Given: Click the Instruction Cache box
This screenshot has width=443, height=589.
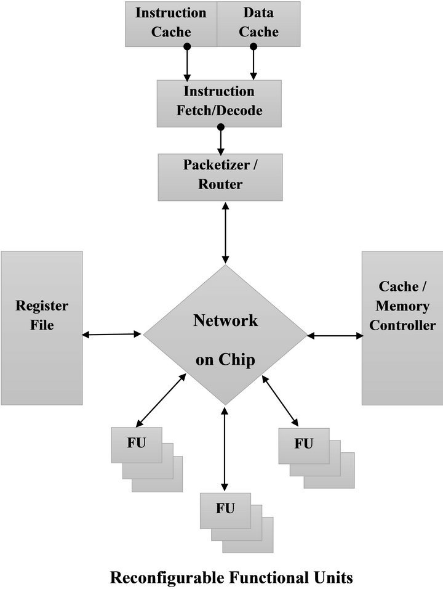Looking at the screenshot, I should click(x=171, y=23).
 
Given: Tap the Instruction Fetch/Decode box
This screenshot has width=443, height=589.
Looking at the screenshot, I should click(x=220, y=102).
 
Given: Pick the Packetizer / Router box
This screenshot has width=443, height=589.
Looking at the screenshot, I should click(x=220, y=176).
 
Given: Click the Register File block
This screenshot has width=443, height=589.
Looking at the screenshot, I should click(x=42, y=327).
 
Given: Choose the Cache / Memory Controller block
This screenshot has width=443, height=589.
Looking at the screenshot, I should click(x=402, y=327).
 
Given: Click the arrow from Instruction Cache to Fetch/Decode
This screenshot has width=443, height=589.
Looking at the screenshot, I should click(x=187, y=63).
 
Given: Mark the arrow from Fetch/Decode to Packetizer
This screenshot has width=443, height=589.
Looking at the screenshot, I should click(x=220, y=140).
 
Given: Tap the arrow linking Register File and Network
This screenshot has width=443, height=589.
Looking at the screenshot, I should click(x=113, y=335).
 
